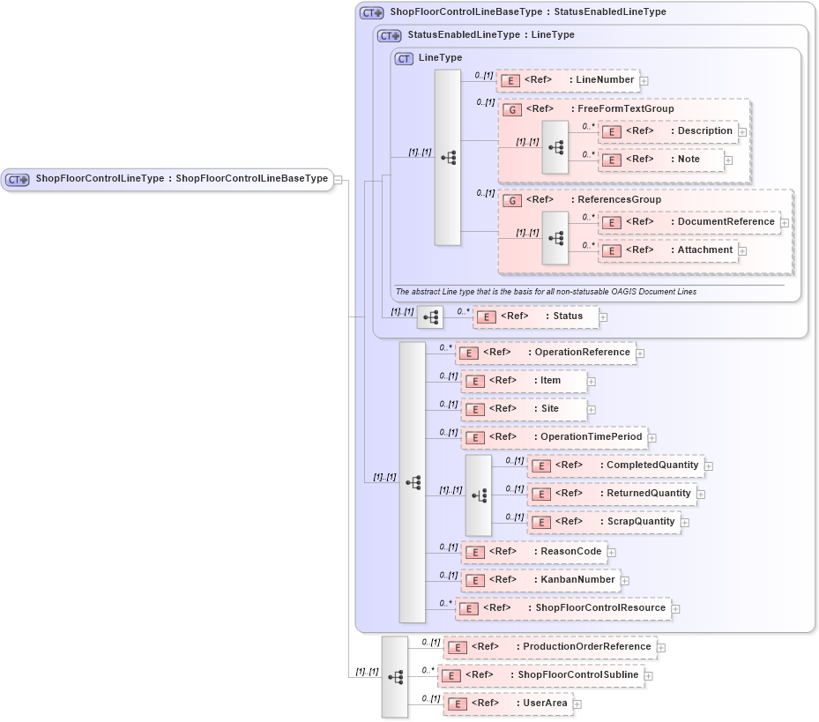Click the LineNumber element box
[x=568, y=80]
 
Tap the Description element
[x=668, y=131]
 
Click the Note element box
[x=661, y=160]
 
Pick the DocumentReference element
[x=689, y=222]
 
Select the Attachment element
[x=668, y=250]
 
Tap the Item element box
[x=524, y=381]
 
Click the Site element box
[x=524, y=409]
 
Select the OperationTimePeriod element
[x=555, y=437]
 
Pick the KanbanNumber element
[x=540, y=580]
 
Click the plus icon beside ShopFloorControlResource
[x=676, y=608]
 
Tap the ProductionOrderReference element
[x=550, y=647]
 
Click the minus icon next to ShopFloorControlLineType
[x=339, y=179]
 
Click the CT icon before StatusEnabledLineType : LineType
[x=389, y=35]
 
